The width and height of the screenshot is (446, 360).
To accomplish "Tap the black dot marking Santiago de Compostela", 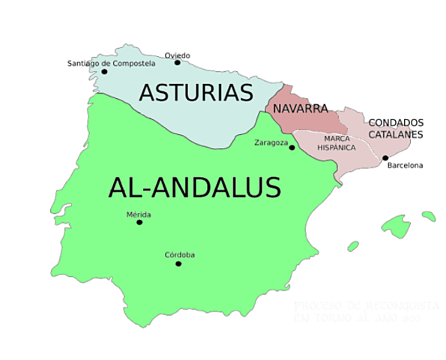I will point(94,72).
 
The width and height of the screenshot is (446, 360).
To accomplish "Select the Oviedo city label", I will point(178,55).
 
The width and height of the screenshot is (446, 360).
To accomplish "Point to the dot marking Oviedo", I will point(178,62).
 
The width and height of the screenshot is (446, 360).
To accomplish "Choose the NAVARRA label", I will point(301,109).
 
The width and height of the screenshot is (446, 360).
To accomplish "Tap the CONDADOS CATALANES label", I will point(396,128).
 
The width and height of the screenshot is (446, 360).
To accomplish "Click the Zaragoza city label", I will point(271,142).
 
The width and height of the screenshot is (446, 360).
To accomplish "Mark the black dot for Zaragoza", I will point(292,148).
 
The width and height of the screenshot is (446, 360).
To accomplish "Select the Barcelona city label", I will point(405,165).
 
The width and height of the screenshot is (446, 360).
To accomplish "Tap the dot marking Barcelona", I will point(385,157).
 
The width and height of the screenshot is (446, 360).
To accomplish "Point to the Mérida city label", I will point(139,214).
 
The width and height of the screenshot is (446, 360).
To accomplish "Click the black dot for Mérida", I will point(139,222).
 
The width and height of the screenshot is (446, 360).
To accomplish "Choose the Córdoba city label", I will point(179,255).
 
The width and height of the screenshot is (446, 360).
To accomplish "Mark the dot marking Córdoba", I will point(178,263).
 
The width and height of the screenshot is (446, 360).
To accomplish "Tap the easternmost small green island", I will point(429,216).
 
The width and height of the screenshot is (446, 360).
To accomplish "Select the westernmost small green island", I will point(352,245).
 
